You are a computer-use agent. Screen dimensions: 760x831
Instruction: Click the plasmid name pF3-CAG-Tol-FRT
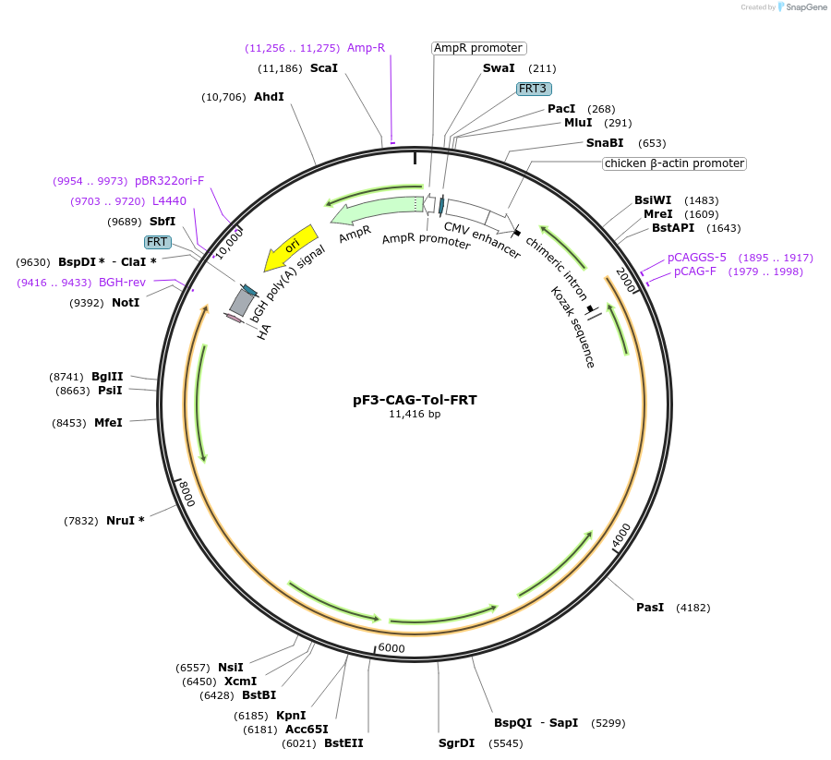pyautogui.click(x=415, y=400)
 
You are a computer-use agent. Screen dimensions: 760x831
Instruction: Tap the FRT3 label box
pyautogui.click(x=534, y=89)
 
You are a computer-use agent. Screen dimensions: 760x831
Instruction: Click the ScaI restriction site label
pyautogui.click(x=323, y=68)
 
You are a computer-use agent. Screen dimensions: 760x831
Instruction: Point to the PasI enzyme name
pyautogui.click(x=650, y=608)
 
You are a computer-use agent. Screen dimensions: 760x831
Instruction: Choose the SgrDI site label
pyautogui.click(x=456, y=743)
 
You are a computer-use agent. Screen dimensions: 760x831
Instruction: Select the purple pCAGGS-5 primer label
pyautogui.click(x=696, y=258)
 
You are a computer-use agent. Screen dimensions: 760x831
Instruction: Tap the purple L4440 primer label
pyautogui.click(x=169, y=200)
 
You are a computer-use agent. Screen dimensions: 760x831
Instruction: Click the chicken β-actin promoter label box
pyautogui.click(x=674, y=163)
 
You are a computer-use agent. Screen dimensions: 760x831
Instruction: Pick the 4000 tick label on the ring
pyautogui.click(x=621, y=533)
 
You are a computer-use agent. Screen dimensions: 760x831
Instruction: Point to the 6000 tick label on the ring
pyautogui.click(x=391, y=648)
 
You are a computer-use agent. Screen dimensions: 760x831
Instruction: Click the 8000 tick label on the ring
pyautogui.click(x=187, y=493)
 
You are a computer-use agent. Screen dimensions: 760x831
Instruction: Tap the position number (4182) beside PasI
pyautogui.click(x=692, y=608)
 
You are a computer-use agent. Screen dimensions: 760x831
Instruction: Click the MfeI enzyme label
pyautogui.click(x=108, y=423)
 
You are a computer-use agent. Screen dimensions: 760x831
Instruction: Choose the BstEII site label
pyautogui.click(x=343, y=743)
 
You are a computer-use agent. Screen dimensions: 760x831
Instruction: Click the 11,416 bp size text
pyautogui.click(x=415, y=415)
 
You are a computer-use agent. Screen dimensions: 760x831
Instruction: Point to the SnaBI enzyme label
pyautogui.click(x=605, y=143)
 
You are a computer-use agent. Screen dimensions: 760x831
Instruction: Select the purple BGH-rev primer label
pyautogui.click(x=122, y=283)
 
